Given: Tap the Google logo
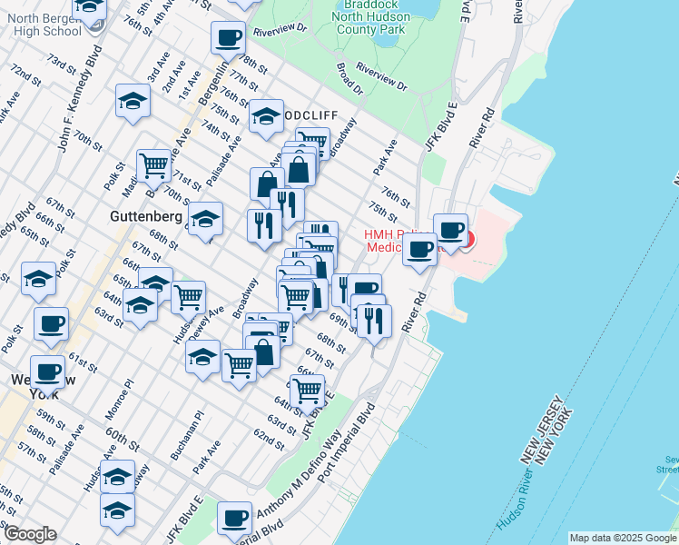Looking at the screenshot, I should (x=29, y=534).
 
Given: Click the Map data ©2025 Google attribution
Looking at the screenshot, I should (x=623, y=538).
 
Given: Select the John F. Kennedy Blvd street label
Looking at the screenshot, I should (x=77, y=104).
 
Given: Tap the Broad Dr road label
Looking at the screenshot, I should (x=349, y=78).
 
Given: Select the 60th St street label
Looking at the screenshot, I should (x=122, y=440).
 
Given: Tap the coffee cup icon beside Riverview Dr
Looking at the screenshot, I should (x=228, y=38).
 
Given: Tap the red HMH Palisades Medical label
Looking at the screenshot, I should (x=399, y=241).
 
